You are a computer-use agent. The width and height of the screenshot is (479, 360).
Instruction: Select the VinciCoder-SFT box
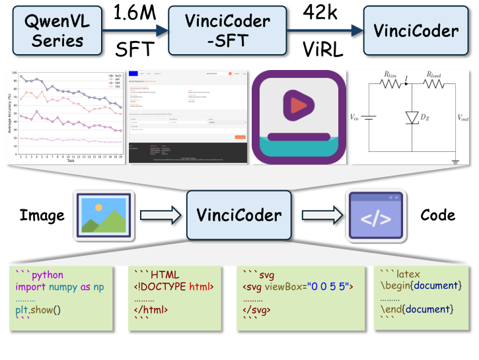(219, 30)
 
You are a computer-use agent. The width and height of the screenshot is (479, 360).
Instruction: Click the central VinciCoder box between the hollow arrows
(239, 215)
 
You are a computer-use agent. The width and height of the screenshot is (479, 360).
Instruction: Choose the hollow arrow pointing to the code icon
(320, 215)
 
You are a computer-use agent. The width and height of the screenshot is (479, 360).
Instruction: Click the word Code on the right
(437, 215)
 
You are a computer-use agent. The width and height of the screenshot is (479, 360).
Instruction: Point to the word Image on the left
(42, 215)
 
